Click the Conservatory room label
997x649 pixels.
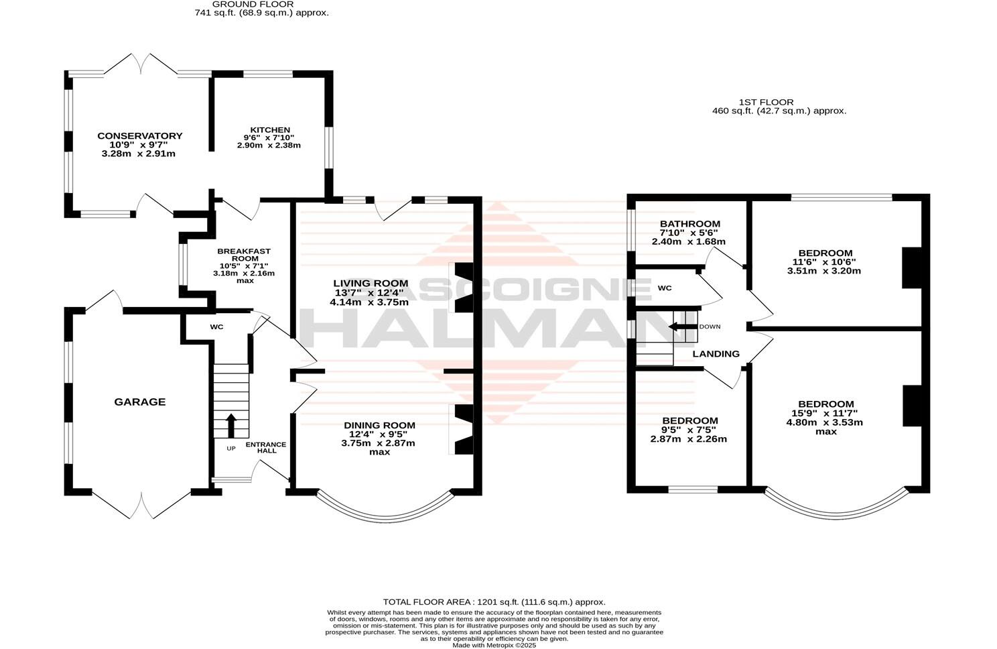[x=139, y=136]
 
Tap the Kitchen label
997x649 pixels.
[x=270, y=130]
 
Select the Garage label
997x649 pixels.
[x=139, y=402]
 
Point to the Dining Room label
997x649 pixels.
[x=379, y=425]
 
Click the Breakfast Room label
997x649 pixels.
[x=244, y=255]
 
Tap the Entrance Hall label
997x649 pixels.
[x=266, y=447]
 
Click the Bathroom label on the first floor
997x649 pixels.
[x=690, y=224]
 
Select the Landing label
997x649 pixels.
[x=716, y=354]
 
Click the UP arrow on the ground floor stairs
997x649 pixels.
[x=231, y=425]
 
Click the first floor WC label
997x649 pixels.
[x=664, y=288]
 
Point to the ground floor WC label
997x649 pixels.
[x=216, y=327]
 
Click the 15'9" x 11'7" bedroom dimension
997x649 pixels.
[x=826, y=414]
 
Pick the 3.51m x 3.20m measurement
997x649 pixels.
[x=823, y=271]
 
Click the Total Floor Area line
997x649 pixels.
[x=494, y=602]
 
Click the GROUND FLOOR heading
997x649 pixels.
[x=253, y=4]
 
